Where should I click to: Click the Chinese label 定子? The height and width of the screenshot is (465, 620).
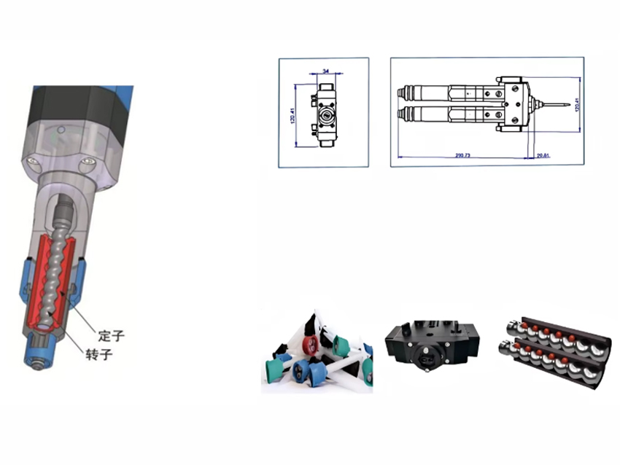[x=112, y=337]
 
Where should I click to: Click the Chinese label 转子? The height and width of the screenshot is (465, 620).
[x=112, y=354]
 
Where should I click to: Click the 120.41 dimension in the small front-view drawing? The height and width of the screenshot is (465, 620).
[x=292, y=114]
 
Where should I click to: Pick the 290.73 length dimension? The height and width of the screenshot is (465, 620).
[x=463, y=155]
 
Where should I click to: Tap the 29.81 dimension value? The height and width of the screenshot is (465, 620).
[x=543, y=155]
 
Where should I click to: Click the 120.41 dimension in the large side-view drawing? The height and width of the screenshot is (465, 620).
[x=576, y=104]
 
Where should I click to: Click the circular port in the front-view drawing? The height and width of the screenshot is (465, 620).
[x=325, y=114]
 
